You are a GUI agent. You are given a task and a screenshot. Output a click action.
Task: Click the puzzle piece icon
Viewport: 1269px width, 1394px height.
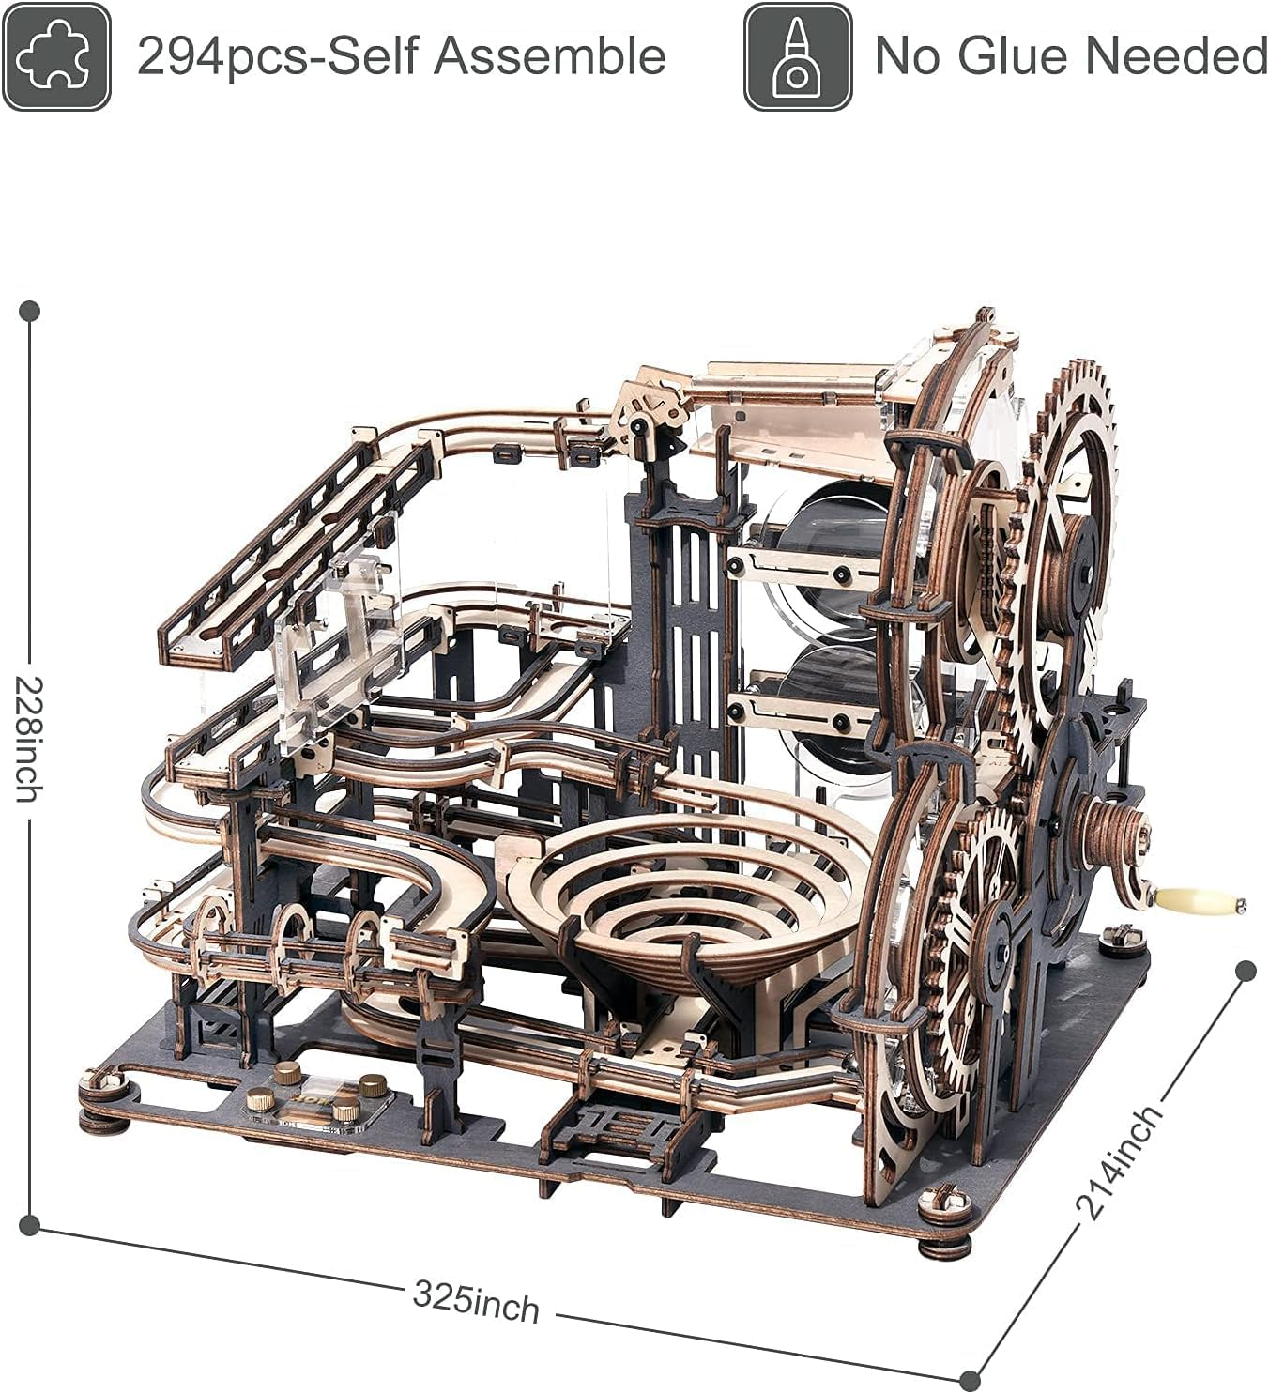(x=55, y=56)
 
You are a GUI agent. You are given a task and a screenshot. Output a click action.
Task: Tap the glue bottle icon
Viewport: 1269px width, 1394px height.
(x=798, y=56)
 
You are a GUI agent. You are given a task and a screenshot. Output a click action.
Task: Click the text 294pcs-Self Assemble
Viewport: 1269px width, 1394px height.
(x=401, y=56)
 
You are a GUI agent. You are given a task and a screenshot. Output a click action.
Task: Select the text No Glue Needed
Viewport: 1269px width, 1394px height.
(x=1070, y=56)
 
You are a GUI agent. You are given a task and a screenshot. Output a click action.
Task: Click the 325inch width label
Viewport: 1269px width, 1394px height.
(x=476, y=1302)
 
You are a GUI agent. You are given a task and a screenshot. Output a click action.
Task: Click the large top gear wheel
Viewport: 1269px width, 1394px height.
(x=1070, y=544)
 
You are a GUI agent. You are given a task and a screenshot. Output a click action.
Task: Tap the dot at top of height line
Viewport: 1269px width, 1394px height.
(x=29, y=310)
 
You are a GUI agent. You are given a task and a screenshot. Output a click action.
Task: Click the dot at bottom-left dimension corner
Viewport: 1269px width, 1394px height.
(x=29, y=1224)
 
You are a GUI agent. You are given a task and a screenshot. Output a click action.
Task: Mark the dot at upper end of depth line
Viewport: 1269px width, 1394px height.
(x=1246, y=971)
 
